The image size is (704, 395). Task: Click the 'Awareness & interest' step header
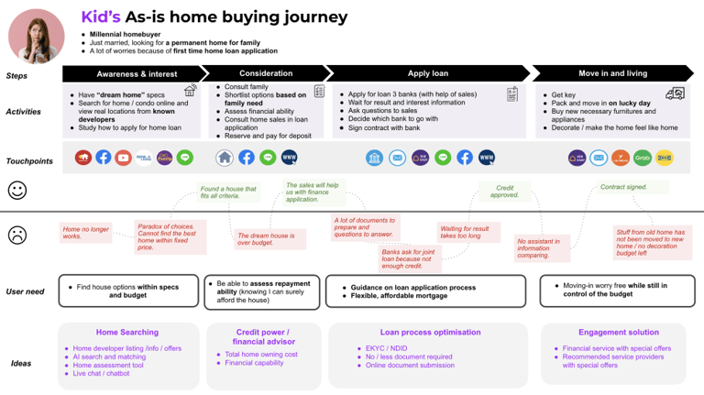point(137,73)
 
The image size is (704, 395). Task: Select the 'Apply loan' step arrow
point(427,73)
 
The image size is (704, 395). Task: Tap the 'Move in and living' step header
point(612,73)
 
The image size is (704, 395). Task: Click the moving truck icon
point(675,93)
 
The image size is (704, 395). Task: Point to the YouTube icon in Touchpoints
point(124,158)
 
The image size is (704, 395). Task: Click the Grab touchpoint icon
point(643,159)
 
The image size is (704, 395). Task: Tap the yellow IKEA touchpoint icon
point(665,159)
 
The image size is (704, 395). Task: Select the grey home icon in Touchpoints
point(225,158)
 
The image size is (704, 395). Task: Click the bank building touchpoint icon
point(374,159)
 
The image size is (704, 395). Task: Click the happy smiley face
point(16,190)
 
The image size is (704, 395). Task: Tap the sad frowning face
point(16,235)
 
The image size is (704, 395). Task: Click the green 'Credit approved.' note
point(505,191)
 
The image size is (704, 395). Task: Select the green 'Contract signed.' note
point(623,187)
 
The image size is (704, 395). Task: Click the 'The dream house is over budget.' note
point(266,240)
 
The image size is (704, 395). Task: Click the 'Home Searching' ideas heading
point(127,332)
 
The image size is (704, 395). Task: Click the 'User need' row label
point(25,292)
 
